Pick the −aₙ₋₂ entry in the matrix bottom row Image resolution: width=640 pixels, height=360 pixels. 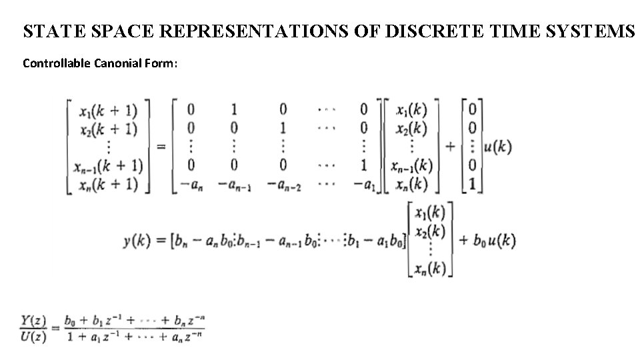(x=283, y=185)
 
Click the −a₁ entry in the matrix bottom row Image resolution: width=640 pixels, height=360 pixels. (x=363, y=185)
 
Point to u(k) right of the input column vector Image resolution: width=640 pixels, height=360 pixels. (x=498, y=147)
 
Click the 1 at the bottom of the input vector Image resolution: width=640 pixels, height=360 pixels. (x=473, y=184)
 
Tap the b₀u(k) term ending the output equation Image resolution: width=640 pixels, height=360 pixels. (x=495, y=240)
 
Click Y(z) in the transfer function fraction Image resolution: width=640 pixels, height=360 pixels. (x=33, y=321)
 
